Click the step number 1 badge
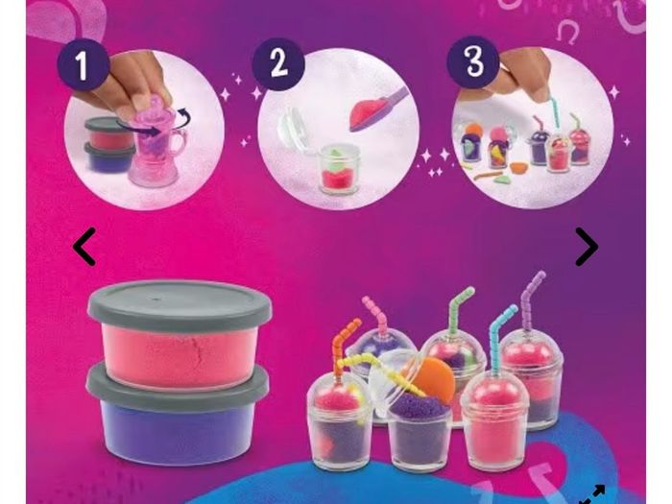[x=82, y=64]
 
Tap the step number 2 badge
[x=278, y=64]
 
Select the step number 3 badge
[x=472, y=61]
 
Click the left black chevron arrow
[x=84, y=247]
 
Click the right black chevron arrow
[x=587, y=247]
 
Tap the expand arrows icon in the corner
[x=592, y=494]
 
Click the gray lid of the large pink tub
[x=180, y=305]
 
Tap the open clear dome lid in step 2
[x=295, y=131]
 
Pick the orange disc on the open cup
[x=435, y=380]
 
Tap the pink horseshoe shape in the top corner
[x=567, y=33]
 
